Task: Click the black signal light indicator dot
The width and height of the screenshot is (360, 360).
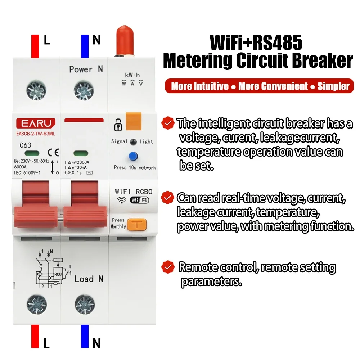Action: pos(133,141)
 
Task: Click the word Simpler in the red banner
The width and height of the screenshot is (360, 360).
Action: pos(333,86)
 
